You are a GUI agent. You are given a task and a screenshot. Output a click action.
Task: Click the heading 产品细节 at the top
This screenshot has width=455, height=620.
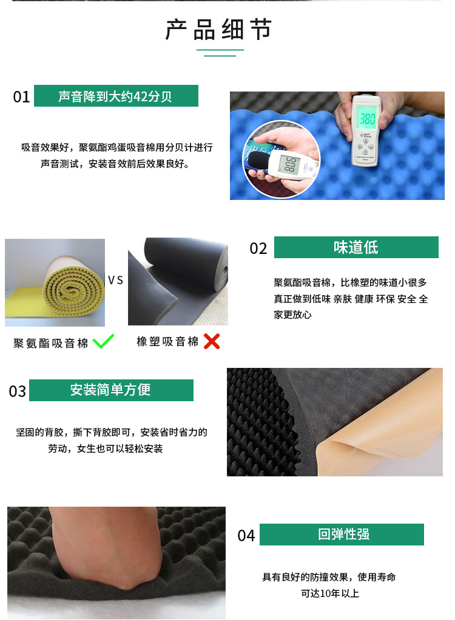click(x=218, y=30)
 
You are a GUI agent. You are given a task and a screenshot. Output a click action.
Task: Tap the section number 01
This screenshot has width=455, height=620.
click(x=21, y=97)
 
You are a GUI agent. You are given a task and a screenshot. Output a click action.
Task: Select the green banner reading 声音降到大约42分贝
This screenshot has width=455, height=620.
click(x=116, y=96)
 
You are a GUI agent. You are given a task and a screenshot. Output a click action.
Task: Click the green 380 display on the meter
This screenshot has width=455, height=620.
click(x=367, y=118)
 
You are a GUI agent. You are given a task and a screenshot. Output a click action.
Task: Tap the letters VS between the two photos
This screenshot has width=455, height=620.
click(x=115, y=281)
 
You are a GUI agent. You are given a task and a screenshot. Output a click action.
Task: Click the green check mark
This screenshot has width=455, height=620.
click(x=103, y=341)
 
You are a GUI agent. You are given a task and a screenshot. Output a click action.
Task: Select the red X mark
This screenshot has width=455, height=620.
click(x=212, y=341)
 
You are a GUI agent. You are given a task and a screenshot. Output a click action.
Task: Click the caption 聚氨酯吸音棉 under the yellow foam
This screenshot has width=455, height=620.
click(x=50, y=343)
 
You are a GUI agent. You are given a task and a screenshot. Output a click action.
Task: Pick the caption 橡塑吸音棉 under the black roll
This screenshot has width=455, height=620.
click(x=167, y=342)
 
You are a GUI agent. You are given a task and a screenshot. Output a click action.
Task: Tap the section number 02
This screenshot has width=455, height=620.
click(x=258, y=248)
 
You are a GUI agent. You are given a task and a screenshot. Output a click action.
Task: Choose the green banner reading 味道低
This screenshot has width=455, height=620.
click(x=356, y=247)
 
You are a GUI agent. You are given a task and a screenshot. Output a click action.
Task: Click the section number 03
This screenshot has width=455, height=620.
click(x=18, y=392)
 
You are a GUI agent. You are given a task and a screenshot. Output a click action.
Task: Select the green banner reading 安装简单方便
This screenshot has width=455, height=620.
click(x=111, y=390)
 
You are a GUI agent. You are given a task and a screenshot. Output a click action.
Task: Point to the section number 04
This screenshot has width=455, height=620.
click(x=246, y=536)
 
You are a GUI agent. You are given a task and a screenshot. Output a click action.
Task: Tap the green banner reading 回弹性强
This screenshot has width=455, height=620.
click(x=342, y=535)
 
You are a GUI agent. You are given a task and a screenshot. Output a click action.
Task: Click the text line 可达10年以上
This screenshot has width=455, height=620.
click(x=329, y=593)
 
